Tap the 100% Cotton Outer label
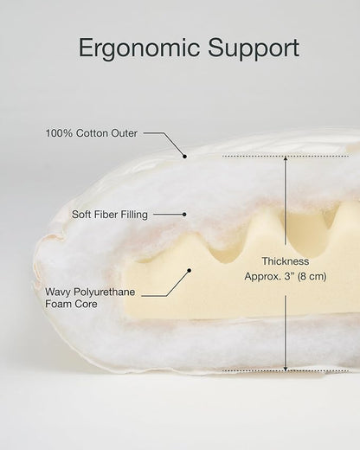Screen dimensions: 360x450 [92, 133]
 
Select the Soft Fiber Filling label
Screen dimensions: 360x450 [110, 215]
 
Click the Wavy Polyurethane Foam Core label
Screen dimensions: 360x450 [90, 298]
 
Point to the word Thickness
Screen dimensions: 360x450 [286, 261]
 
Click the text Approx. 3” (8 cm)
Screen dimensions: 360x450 [286, 276]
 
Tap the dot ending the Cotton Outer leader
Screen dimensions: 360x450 [184, 157]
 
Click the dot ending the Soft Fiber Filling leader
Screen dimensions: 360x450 [184, 215]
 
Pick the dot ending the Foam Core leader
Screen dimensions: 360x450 [190, 270]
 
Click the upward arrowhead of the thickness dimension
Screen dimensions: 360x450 [286, 158]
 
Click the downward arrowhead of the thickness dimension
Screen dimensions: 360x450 [286, 369]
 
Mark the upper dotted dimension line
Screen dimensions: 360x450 [286, 157]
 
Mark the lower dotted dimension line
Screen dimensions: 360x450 [286, 370]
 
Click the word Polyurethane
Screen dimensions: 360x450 [105, 292]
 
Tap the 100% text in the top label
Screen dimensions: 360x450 [59, 133]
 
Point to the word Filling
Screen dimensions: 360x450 [134, 215]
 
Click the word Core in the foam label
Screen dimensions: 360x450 [87, 304]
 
